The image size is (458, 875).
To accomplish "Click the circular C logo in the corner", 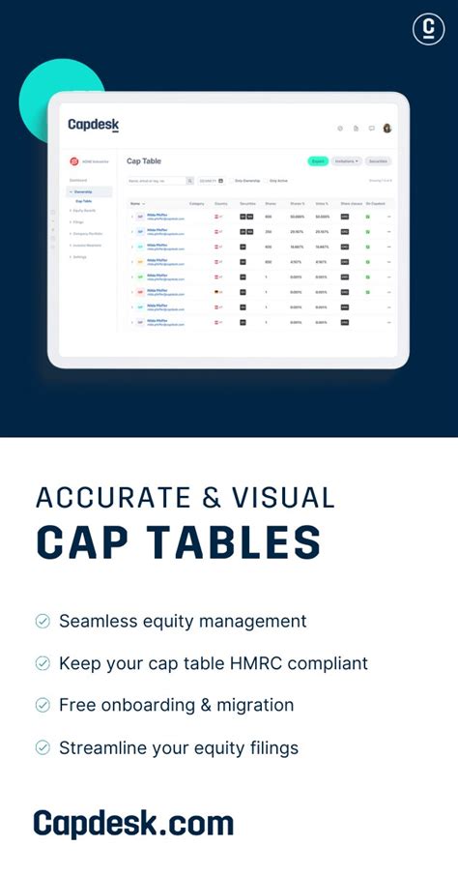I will pos(428,29).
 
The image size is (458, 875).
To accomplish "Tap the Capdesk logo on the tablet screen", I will pos(93,125).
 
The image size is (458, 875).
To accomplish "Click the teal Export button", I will pos(317,160).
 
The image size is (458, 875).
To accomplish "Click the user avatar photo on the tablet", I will pos(387,128).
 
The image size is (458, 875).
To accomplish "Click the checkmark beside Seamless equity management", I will pos(43,622).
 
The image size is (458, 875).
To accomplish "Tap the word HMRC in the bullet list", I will pos(246,663).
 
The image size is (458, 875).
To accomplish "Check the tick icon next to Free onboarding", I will pos(43,706).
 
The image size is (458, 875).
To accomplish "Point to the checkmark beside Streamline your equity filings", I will pos(43,747).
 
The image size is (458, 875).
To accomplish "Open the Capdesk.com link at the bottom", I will pos(133,823).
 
